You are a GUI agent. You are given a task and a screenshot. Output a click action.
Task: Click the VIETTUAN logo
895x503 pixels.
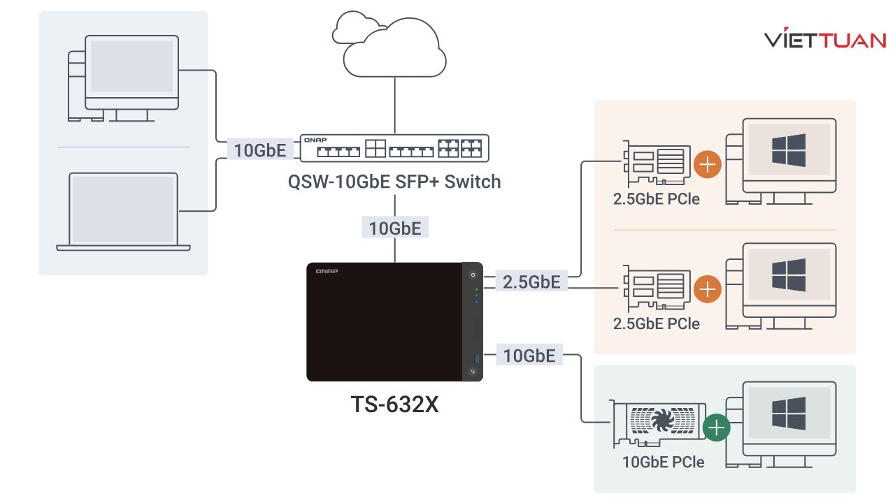(x=825, y=40)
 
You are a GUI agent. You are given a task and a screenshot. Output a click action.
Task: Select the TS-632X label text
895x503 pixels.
(x=394, y=404)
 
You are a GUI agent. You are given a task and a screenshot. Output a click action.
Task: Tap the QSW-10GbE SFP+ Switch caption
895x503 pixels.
(x=394, y=182)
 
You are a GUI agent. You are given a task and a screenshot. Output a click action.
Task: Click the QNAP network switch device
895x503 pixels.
(x=394, y=147)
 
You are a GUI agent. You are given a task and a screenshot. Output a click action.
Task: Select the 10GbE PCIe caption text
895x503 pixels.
(x=663, y=462)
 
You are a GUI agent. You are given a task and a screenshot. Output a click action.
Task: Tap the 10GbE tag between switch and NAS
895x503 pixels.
(x=394, y=228)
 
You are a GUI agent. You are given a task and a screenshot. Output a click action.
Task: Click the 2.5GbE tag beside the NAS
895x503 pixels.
(x=531, y=282)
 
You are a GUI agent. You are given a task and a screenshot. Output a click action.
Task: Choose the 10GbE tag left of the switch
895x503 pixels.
(x=259, y=150)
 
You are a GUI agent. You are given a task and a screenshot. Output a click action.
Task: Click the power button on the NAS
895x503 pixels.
(x=473, y=275)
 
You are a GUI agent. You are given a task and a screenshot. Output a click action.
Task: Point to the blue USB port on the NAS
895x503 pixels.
(x=473, y=359)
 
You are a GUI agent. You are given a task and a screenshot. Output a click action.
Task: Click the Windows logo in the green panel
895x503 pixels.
(x=788, y=413)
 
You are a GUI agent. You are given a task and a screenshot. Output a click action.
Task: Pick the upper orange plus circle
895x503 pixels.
(x=708, y=165)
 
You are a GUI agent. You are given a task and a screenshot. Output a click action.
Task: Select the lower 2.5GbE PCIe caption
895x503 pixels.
(x=656, y=324)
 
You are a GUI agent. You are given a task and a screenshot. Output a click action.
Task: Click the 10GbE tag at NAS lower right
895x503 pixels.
(x=529, y=356)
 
